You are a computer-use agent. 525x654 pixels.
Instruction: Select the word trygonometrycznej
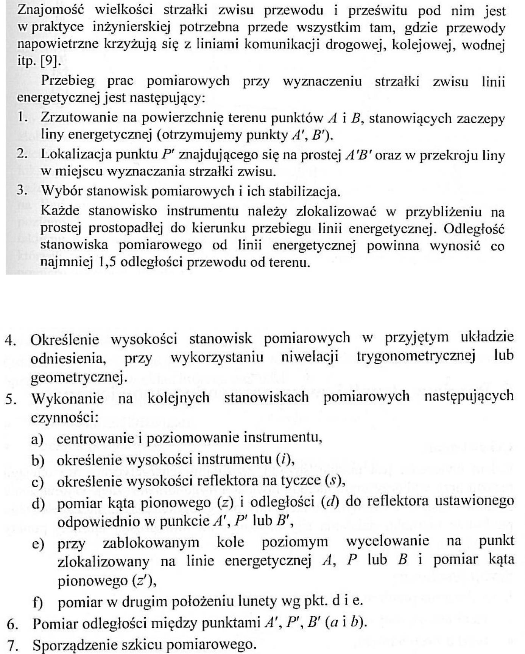[416, 356]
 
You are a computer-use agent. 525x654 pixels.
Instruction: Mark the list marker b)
[38, 460]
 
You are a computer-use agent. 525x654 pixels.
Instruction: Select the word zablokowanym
[151, 542]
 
